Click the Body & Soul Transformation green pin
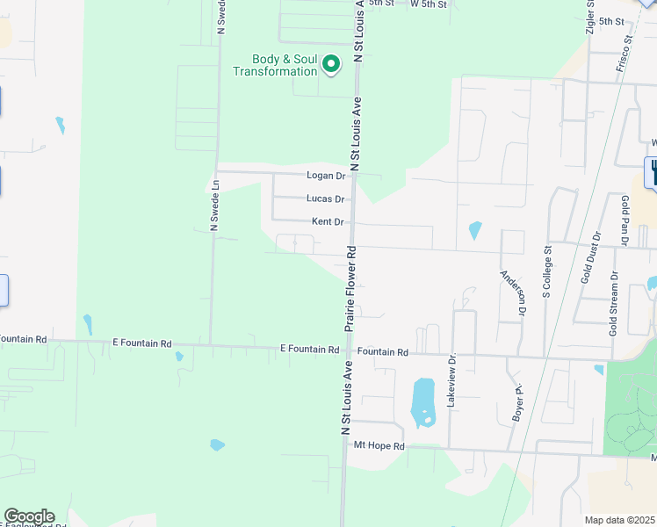pos(331,63)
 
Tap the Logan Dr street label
pos(326,176)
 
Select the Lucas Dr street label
pos(325,199)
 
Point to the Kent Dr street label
pos(327,222)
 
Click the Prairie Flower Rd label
pos(350,287)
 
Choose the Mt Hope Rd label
pos(379,446)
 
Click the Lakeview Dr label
pos(452,380)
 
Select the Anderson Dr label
pos(513,292)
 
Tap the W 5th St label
pos(430,4)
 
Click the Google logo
pos(29,516)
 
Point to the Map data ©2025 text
pos(620,520)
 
